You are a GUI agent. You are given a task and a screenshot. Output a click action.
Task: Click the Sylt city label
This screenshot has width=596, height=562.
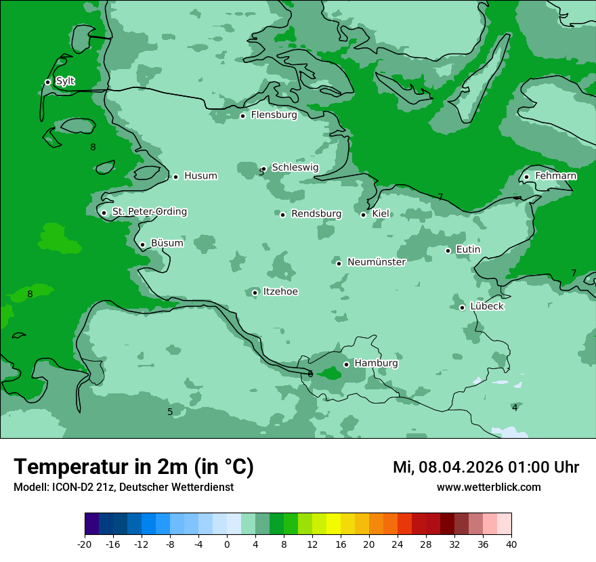pyautogui.click(x=65, y=81)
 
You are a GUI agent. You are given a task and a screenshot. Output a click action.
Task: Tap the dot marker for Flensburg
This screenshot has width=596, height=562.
pyautogui.click(x=242, y=116)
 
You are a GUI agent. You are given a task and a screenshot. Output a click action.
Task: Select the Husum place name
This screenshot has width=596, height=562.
pyautogui.click(x=200, y=176)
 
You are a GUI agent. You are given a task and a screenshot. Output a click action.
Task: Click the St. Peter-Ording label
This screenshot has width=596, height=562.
pyautogui.click(x=149, y=212)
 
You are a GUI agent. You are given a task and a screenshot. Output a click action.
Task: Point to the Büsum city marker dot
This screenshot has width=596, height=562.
pyautogui.click(x=142, y=245)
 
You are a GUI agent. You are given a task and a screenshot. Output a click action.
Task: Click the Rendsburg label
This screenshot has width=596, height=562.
pyautogui.click(x=316, y=214)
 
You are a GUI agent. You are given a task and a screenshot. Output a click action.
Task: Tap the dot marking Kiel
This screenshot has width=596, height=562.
pyautogui.click(x=363, y=215)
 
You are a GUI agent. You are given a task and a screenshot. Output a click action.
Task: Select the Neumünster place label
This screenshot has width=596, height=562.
pyautogui.click(x=377, y=262)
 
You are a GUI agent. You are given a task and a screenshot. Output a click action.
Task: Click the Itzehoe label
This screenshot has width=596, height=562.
pyautogui.click(x=280, y=292)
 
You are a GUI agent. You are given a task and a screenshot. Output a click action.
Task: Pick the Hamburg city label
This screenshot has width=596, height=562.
pyautogui.click(x=376, y=364)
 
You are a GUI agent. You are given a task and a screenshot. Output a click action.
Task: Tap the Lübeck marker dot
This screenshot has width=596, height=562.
pyautogui.click(x=462, y=307)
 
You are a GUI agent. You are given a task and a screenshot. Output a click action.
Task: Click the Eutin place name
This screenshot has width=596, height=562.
pyautogui.click(x=468, y=250)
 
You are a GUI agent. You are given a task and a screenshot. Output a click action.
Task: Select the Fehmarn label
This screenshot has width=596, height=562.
pyautogui.click(x=555, y=176)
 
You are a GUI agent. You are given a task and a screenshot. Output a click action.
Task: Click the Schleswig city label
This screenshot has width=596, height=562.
pyautogui.click(x=295, y=167)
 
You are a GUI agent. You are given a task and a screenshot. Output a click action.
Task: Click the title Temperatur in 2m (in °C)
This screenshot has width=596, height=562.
pyautogui.click(x=133, y=467)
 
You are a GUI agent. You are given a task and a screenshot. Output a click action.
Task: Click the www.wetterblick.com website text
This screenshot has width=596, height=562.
pyautogui.click(x=488, y=487)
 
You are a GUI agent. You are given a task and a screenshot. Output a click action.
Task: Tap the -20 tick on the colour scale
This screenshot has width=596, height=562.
pyautogui.click(x=85, y=544)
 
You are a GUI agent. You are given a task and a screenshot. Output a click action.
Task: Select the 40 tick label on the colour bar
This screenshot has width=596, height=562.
pyautogui.click(x=511, y=544)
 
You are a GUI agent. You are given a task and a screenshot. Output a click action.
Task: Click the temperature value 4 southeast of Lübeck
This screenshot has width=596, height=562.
pyautogui.click(x=515, y=408)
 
